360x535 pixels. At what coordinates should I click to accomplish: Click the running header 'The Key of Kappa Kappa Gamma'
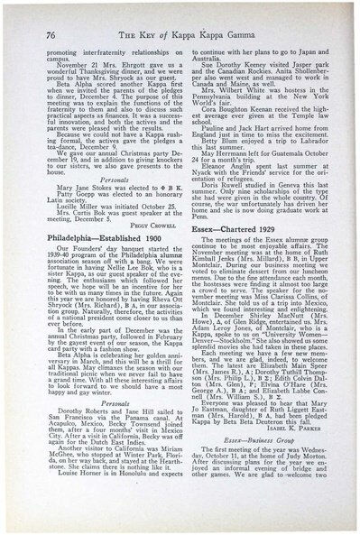189,31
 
